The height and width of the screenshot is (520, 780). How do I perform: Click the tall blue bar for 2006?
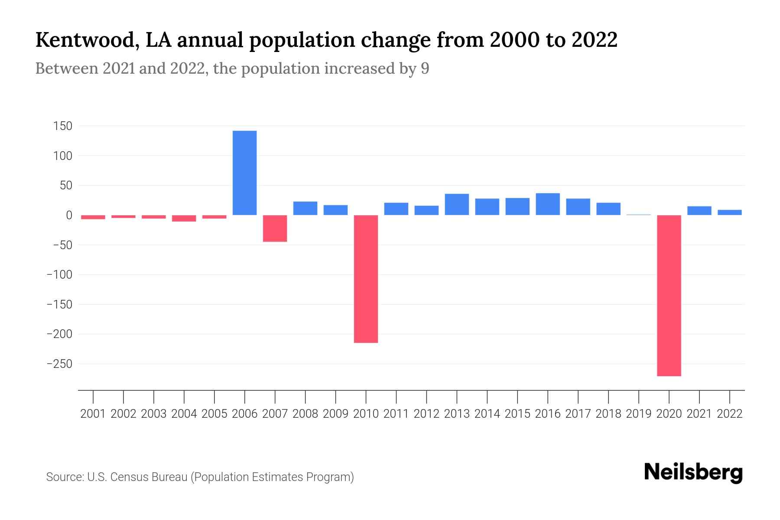244,173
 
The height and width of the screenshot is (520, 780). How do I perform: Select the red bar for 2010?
366,279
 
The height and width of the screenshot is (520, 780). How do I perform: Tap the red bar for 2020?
669,295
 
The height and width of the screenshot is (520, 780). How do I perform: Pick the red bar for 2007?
275,228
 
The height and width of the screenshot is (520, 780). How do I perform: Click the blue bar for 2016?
548,204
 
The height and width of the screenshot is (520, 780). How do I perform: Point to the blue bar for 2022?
730,212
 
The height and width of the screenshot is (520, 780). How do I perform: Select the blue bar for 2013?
457,205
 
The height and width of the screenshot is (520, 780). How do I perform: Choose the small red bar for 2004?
184,218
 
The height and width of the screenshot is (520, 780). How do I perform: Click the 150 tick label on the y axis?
62,126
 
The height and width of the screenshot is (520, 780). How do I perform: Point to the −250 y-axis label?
59,364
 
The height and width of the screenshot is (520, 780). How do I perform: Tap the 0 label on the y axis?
69,215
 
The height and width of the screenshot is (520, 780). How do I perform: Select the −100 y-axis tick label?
59,275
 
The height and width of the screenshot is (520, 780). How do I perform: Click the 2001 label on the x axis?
93,414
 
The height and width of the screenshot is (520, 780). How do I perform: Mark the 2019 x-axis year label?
639,414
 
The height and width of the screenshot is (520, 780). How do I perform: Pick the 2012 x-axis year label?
426,414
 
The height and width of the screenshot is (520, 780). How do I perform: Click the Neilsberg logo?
693,472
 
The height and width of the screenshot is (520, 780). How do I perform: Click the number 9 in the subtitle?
425,69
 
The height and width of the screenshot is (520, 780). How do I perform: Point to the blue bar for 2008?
305,208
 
